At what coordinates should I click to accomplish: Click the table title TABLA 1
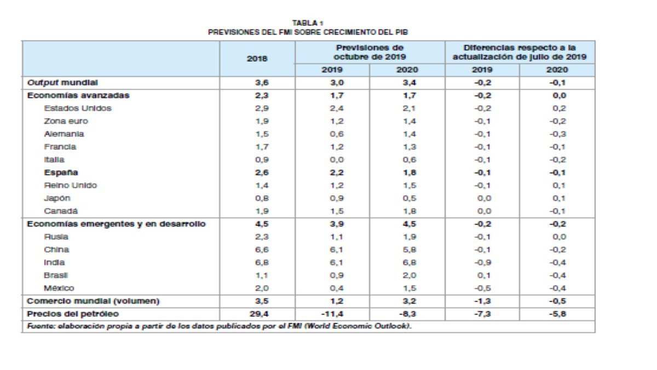click(308, 22)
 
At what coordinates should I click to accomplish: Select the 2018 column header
click(257, 59)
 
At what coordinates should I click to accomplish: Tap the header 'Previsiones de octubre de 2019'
click(370, 52)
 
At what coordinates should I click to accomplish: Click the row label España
click(60, 173)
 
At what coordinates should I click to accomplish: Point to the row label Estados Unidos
click(77, 108)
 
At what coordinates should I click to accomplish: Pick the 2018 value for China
click(257, 249)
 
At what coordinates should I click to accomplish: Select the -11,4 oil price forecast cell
click(332, 314)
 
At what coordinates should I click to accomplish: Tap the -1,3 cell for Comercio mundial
click(482, 301)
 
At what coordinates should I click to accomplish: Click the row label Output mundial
click(62, 82)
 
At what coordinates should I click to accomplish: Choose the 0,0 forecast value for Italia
click(332, 160)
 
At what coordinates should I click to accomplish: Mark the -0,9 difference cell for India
click(482, 263)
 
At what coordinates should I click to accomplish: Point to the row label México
click(59, 288)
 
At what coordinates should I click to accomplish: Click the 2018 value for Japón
click(257, 198)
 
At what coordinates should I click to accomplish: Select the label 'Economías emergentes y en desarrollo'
click(117, 224)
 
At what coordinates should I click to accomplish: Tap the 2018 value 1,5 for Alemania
click(257, 134)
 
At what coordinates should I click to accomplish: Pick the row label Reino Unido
click(70, 185)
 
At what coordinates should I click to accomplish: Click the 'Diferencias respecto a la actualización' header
click(520, 52)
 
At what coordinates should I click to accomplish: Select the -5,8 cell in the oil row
click(557, 314)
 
